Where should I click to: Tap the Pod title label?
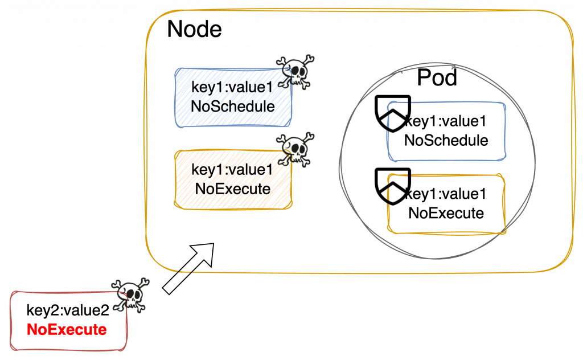(x=437, y=77)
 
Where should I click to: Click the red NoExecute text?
(x=66, y=329)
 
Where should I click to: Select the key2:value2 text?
(x=67, y=311)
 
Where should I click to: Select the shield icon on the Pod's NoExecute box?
(x=393, y=186)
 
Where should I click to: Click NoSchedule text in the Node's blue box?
(x=233, y=107)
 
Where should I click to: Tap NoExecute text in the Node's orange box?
(x=233, y=189)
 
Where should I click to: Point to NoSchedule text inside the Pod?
(x=446, y=140)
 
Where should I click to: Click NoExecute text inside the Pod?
(x=446, y=214)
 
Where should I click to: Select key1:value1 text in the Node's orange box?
(x=232, y=170)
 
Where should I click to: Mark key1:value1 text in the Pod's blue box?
(x=446, y=121)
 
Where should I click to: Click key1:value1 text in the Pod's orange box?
(x=446, y=195)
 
